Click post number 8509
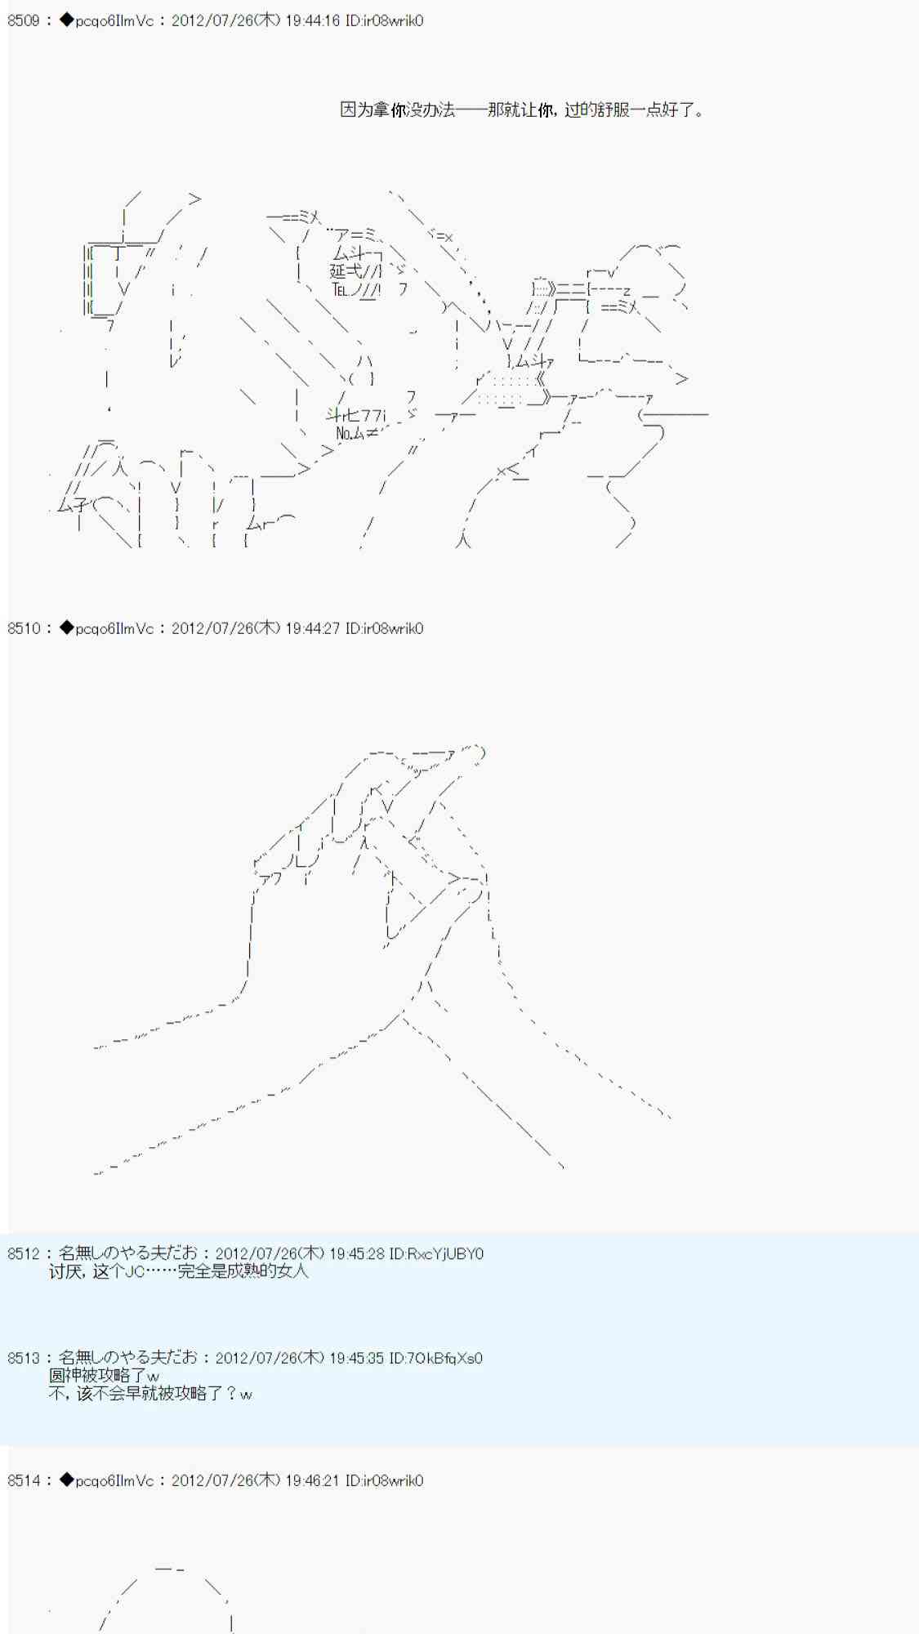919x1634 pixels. point(23,20)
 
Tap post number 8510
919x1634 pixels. point(23,628)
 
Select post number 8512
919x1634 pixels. point(23,1253)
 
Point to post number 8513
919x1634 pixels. point(23,1358)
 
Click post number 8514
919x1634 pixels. point(23,1480)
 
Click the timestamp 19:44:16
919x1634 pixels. point(312,20)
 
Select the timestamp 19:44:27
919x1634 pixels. point(312,628)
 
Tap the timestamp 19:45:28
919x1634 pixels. point(356,1253)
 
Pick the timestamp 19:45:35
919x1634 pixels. point(356,1358)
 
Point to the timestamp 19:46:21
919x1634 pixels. point(312,1480)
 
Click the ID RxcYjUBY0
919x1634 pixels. point(445,1253)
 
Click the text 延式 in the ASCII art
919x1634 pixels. point(345,271)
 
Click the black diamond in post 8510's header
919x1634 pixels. point(66,628)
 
